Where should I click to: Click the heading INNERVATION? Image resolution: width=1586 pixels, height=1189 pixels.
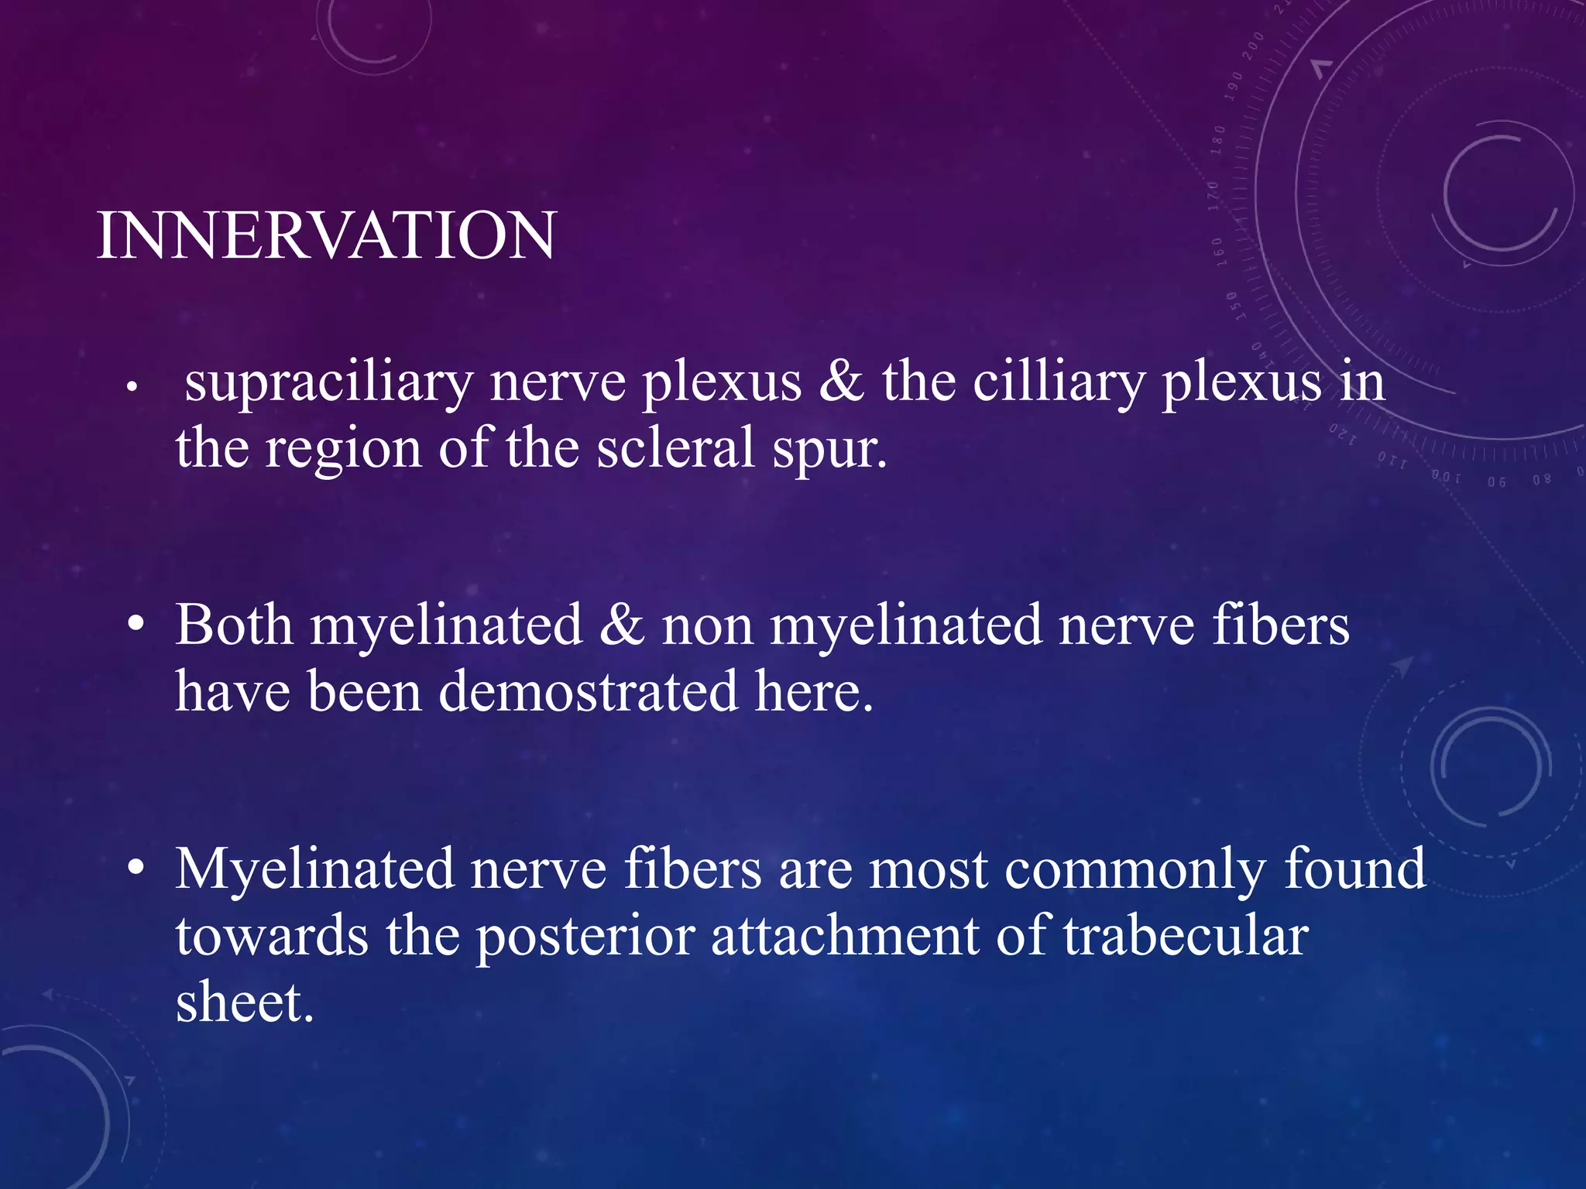[326, 235]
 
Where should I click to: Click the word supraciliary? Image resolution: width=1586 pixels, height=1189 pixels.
[328, 382]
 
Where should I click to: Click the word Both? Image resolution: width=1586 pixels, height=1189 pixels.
[234, 625]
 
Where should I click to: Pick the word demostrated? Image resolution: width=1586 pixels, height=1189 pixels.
[589, 691]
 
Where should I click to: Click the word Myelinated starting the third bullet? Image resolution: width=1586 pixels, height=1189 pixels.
[314, 869]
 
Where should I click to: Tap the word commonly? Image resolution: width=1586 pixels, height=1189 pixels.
[1135, 869]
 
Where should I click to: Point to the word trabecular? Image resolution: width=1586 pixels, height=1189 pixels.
[1186, 935]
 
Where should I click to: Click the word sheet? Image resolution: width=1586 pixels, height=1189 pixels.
[244, 1002]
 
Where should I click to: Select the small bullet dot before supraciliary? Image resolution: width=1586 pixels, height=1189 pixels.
[132, 385]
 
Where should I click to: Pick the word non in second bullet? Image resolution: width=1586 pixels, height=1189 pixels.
[707, 625]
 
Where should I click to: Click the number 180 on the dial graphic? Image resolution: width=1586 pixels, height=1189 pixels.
[1218, 140]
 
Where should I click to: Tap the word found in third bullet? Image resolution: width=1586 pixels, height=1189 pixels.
[1354, 869]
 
